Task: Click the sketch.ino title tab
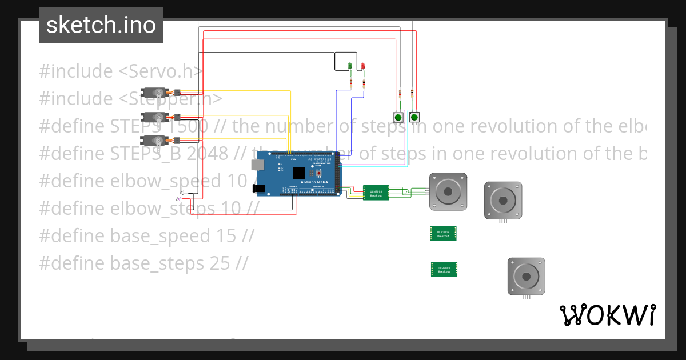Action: (x=101, y=25)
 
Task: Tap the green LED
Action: (x=349, y=66)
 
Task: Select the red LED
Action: (x=362, y=66)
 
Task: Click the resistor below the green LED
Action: (x=350, y=83)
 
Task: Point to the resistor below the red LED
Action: (x=364, y=83)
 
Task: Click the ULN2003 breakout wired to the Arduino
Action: (x=376, y=193)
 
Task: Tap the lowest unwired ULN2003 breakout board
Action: (x=444, y=269)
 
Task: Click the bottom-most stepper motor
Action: (x=526, y=277)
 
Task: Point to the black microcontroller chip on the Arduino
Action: (x=298, y=172)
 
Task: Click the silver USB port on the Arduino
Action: (x=257, y=165)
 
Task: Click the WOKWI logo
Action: (x=607, y=315)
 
